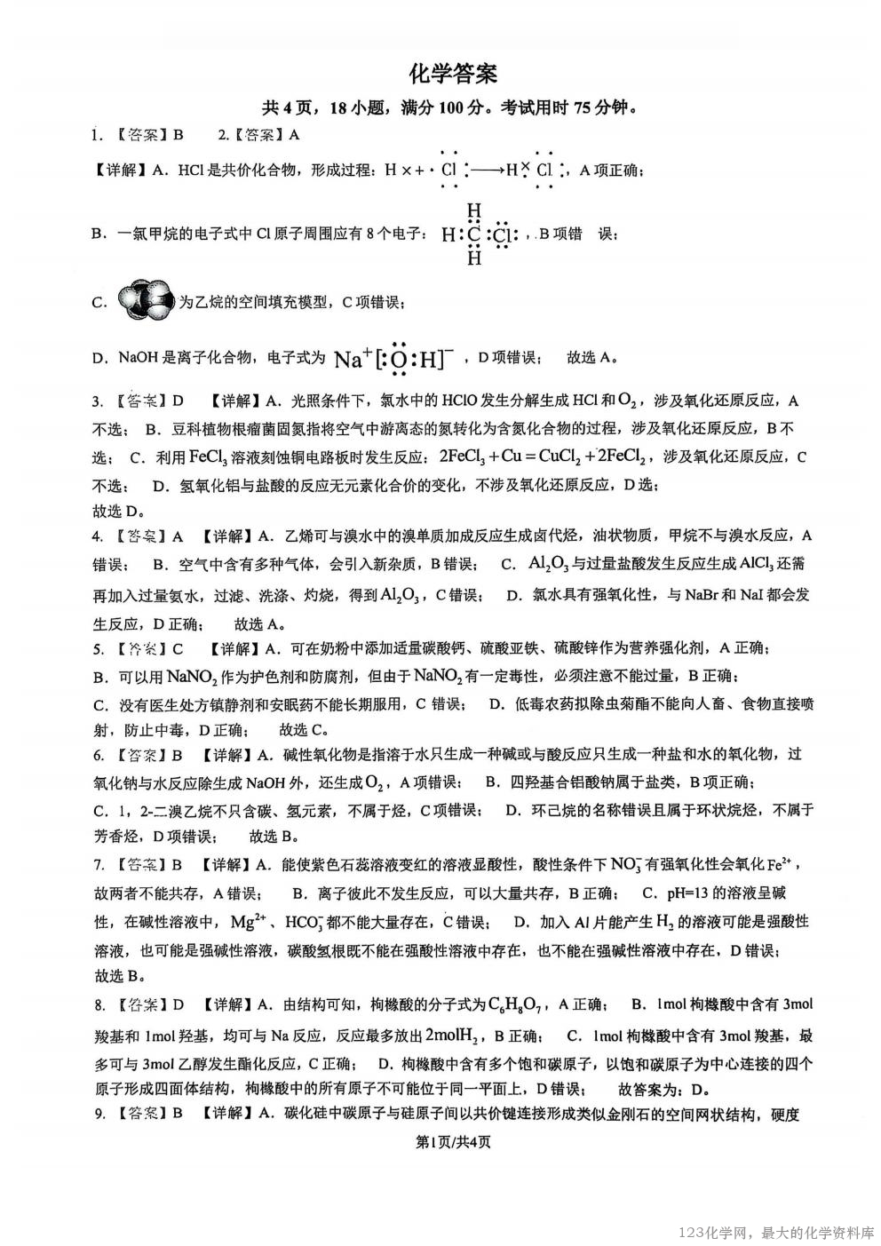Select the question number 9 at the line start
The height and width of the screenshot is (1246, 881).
click(99, 1114)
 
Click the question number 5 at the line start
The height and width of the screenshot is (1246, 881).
click(98, 649)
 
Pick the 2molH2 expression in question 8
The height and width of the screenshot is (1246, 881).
click(455, 1034)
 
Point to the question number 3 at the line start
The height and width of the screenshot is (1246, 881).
click(98, 401)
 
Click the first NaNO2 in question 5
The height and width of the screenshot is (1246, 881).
click(191, 678)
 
